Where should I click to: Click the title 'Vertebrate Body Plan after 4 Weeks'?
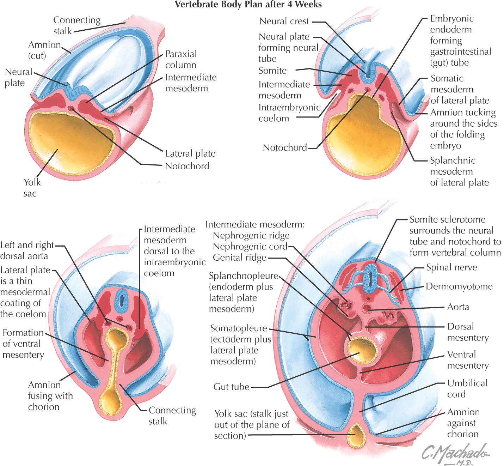(x=248, y=5)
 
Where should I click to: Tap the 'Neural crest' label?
(x=284, y=21)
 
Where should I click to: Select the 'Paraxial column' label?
(x=181, y=59)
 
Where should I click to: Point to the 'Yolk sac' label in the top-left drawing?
(x=32, y=187)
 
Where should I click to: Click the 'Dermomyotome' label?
(x=459, y=286)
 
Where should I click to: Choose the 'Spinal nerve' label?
(x=451, y=267)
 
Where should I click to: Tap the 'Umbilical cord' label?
(x=467, y=388)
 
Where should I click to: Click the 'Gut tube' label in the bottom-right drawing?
(x=231, y=387)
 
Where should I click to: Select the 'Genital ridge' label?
(x=239, y=258)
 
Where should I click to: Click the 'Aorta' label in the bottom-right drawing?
(x=458, y=307)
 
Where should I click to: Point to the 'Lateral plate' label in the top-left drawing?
(x=190, y=153)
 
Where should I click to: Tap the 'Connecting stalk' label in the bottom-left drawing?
(x=172, y=416)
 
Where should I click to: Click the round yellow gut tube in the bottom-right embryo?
(x=362, y=350)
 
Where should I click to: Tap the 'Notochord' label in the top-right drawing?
(x=285, y=147)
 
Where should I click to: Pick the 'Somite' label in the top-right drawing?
(x=272, y=71)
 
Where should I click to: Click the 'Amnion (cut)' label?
(x=44, y=50)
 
